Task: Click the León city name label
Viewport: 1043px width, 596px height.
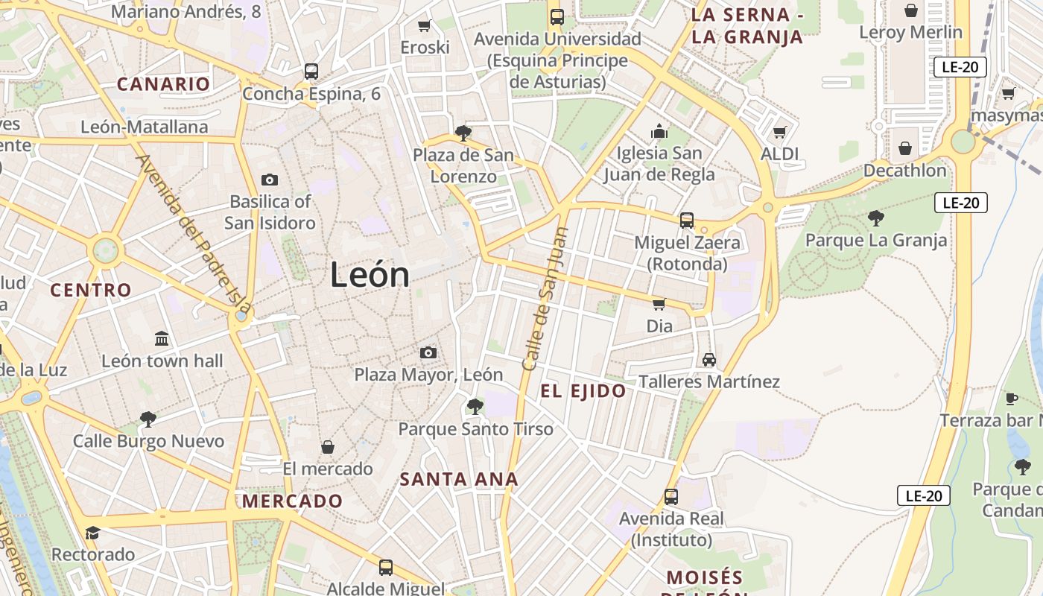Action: (x=370, y=275)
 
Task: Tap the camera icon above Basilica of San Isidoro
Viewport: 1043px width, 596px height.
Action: (x=270, y=180)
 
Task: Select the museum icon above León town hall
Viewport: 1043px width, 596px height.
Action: (x=162, y=339)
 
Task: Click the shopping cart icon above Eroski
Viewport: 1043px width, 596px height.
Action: (x=425, y=26)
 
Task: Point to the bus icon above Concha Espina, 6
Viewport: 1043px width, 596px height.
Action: (x=311, y=72)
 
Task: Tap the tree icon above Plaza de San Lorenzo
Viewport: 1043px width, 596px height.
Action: (x=463, y=133)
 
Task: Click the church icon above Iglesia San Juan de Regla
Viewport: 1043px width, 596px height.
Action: (x=659, y=132)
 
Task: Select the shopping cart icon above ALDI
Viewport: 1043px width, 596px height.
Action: (x=780, y=133)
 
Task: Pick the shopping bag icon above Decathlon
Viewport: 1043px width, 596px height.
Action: (x=905, y=148)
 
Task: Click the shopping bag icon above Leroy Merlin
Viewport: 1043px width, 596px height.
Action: (x=910, y=10)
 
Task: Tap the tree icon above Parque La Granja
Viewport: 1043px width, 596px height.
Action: (x=876, y=218)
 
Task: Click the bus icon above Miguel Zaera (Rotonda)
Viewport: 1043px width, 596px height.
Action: (x=686, y=221)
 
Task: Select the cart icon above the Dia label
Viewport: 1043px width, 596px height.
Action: (x=659, y=304)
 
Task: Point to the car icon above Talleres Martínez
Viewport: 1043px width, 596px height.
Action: (x=708, y=360)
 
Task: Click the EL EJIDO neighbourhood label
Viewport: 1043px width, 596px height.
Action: (x=583, y=391)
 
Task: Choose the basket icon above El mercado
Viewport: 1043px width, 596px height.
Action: (x=327, y=447)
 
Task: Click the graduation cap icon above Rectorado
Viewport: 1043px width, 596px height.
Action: (x=92, y=533)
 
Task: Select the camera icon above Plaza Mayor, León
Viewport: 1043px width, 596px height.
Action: (x=428, y=352)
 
